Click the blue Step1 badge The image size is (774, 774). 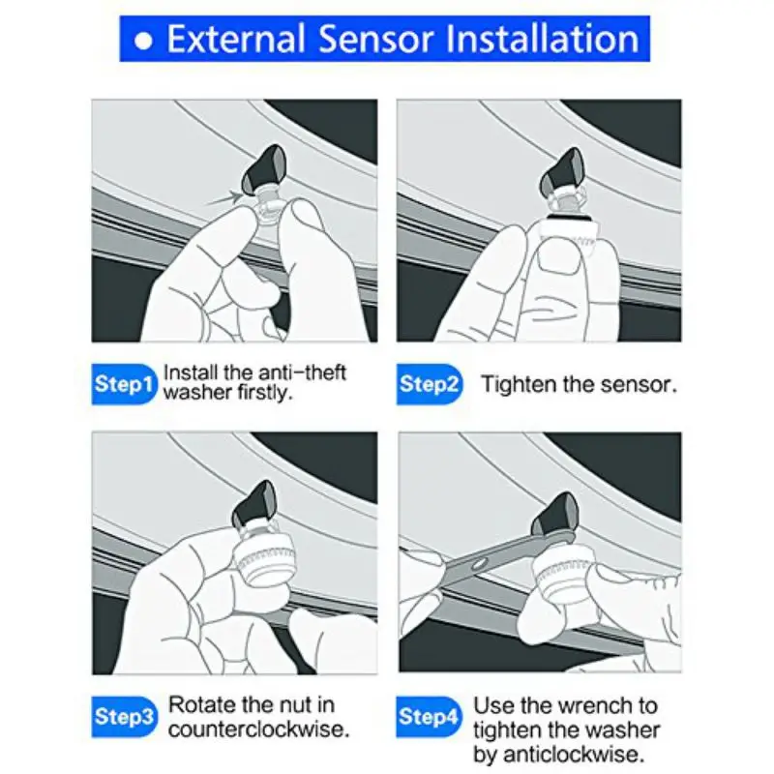(124, 384)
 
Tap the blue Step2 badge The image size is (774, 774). (430, 384)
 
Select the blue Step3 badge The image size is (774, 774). (124, 717)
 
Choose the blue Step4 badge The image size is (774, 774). (429, 717)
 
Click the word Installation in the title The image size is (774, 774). (542, 39)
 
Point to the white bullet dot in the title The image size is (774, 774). (143, 41)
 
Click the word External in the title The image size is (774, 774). (236, 39)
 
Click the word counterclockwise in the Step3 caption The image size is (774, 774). (258, 729)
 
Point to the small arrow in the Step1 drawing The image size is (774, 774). (224, 198)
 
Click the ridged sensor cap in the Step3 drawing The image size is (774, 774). (264, 558)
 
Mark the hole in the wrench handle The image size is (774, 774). (478, 564)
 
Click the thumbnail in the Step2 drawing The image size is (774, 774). (559, 257)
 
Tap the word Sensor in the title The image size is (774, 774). (375, 39)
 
